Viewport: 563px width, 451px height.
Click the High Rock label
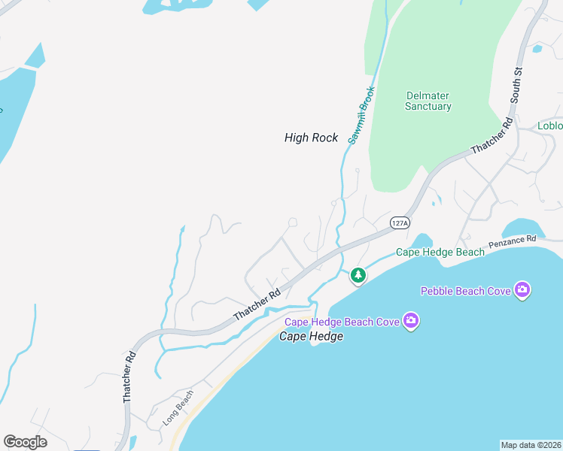311,138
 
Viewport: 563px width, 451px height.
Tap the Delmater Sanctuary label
428,101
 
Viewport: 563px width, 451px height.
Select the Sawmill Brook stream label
361,115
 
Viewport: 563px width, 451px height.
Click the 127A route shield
400,223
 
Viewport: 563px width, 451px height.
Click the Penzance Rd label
512,242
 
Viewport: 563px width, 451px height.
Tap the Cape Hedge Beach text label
440,253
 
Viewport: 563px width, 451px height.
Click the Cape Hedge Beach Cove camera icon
410,321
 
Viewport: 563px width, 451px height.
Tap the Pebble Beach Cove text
465,290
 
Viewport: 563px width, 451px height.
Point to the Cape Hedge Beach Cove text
341,322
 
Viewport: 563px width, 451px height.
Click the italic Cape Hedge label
311,336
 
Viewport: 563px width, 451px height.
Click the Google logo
25,442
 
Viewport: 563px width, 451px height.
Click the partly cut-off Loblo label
549,126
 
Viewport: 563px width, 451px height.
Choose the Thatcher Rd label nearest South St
491,136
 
